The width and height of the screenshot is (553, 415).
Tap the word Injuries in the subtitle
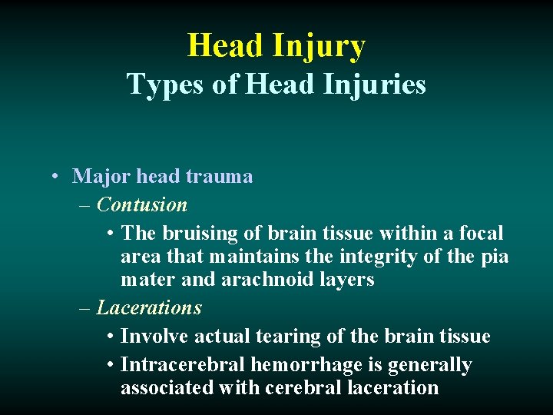click(x=374, y=84)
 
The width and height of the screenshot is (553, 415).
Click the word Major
click(x=101, y=177)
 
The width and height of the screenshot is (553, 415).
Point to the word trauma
click(x=218, y=177)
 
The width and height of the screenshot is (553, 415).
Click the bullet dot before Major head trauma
click(x=58, y=177)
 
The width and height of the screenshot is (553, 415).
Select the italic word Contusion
click(x=142, y=205)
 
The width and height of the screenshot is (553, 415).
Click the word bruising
click(x=190, y=233)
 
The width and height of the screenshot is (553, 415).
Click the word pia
click(x=492, y=256)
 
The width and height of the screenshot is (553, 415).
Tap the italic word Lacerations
click(x=149, y=307)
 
